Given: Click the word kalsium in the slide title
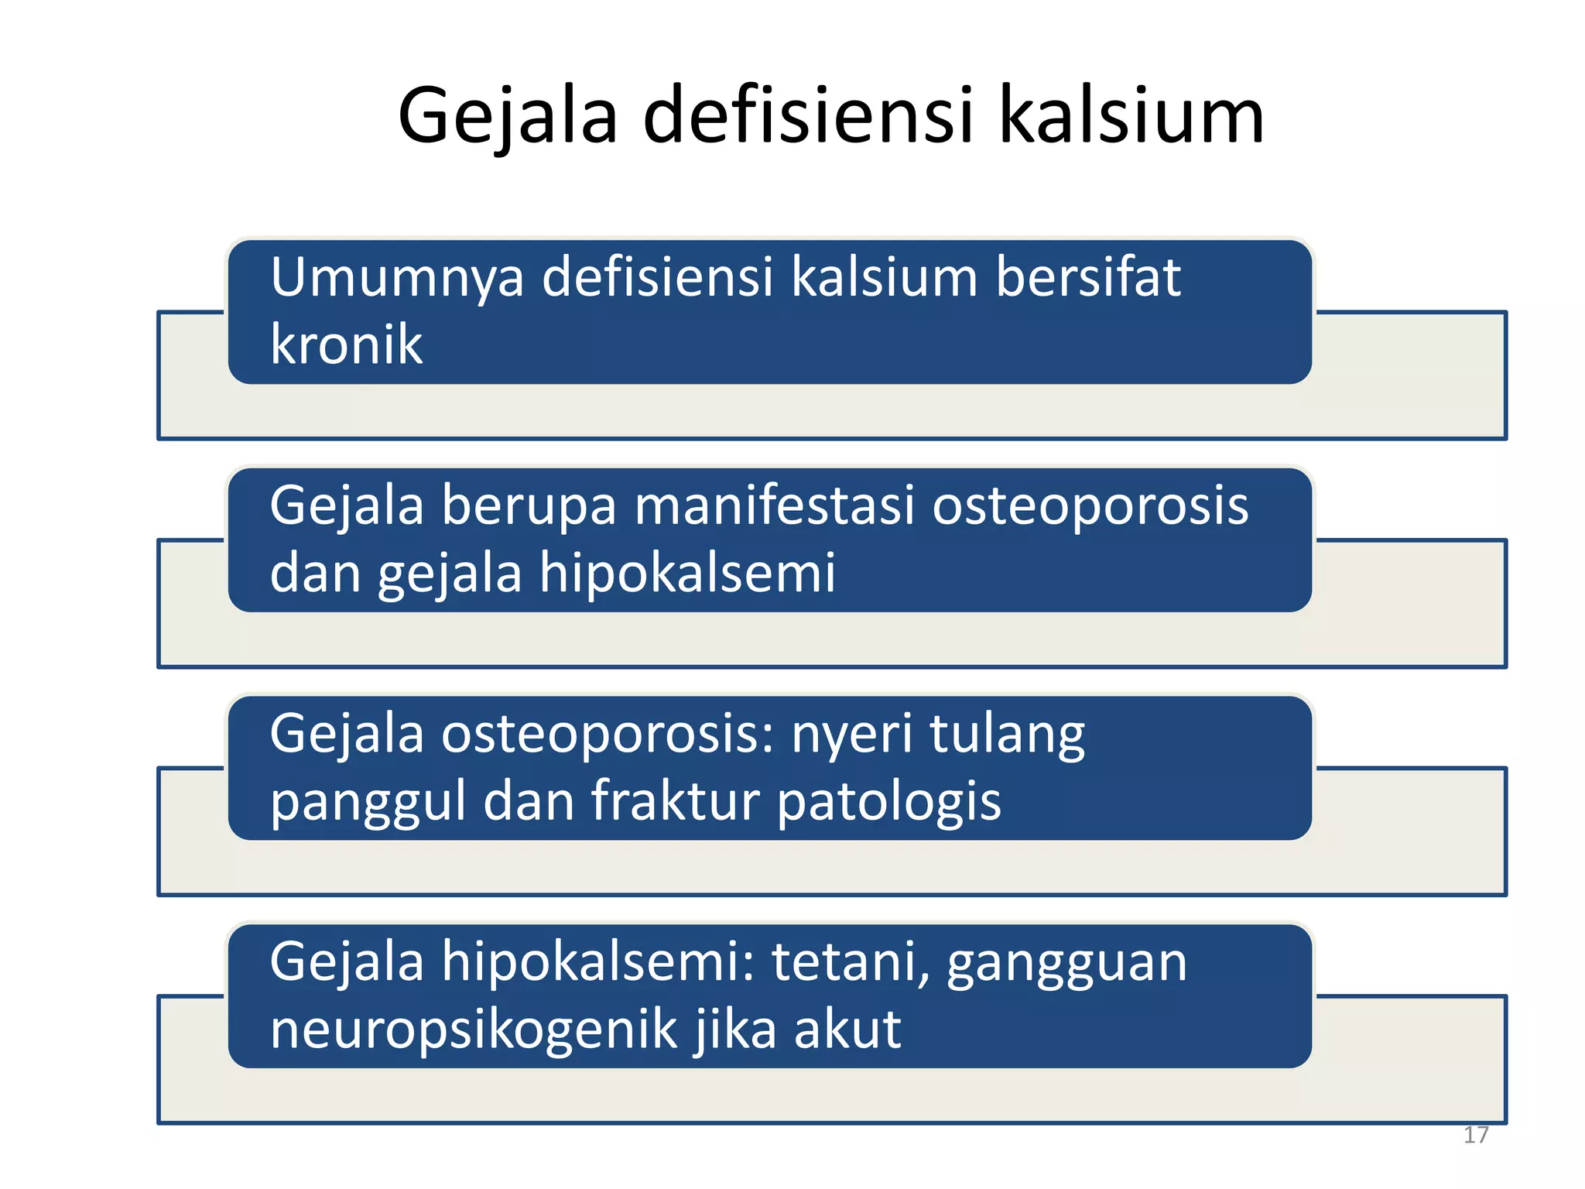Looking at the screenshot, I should [x=1131, y=116].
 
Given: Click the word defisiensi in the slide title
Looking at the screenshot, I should [x=807, y=116].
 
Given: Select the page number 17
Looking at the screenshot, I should [x=1476, y=1135].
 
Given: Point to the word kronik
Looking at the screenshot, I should [x=346, y=344].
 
